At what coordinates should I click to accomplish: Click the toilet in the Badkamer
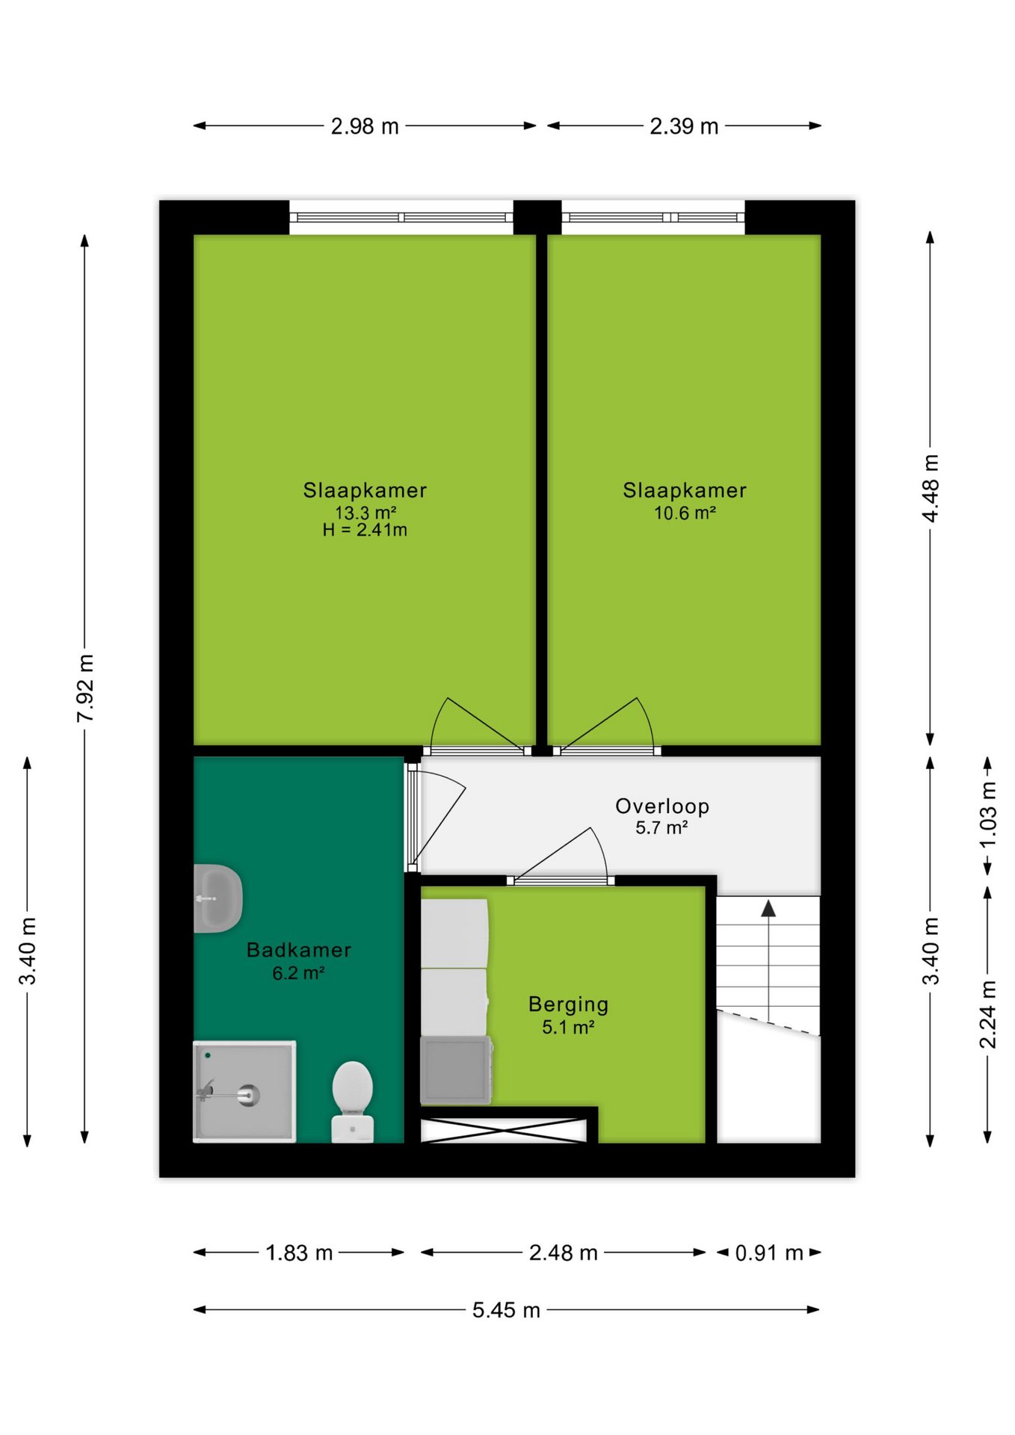point(353,1101)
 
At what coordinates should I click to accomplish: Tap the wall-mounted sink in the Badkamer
point(217,898)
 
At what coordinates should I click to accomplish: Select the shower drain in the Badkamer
point(248,1095)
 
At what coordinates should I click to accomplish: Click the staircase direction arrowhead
point(768,908)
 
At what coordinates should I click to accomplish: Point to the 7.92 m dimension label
point(86,688)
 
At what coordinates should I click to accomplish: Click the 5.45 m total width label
point(506,1309)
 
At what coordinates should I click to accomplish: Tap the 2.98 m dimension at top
point(365,126)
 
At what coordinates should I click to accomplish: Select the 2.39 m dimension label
point(684,126)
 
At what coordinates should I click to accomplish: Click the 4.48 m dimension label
point(931,488)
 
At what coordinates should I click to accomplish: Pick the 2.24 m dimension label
point(988,1014)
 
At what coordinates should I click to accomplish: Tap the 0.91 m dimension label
point(769,1253)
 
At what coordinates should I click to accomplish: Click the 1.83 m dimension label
point(299,1253)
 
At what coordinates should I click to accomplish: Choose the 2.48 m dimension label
point(563,1253)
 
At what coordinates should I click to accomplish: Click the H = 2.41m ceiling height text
point(365,530)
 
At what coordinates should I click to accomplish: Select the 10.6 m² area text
point(685,513)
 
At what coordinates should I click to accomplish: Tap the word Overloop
point(662,806)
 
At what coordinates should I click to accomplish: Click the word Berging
point(568,1004)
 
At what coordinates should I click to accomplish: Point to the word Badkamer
point(299,950)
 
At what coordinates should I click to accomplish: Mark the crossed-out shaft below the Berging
point(502,1130)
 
